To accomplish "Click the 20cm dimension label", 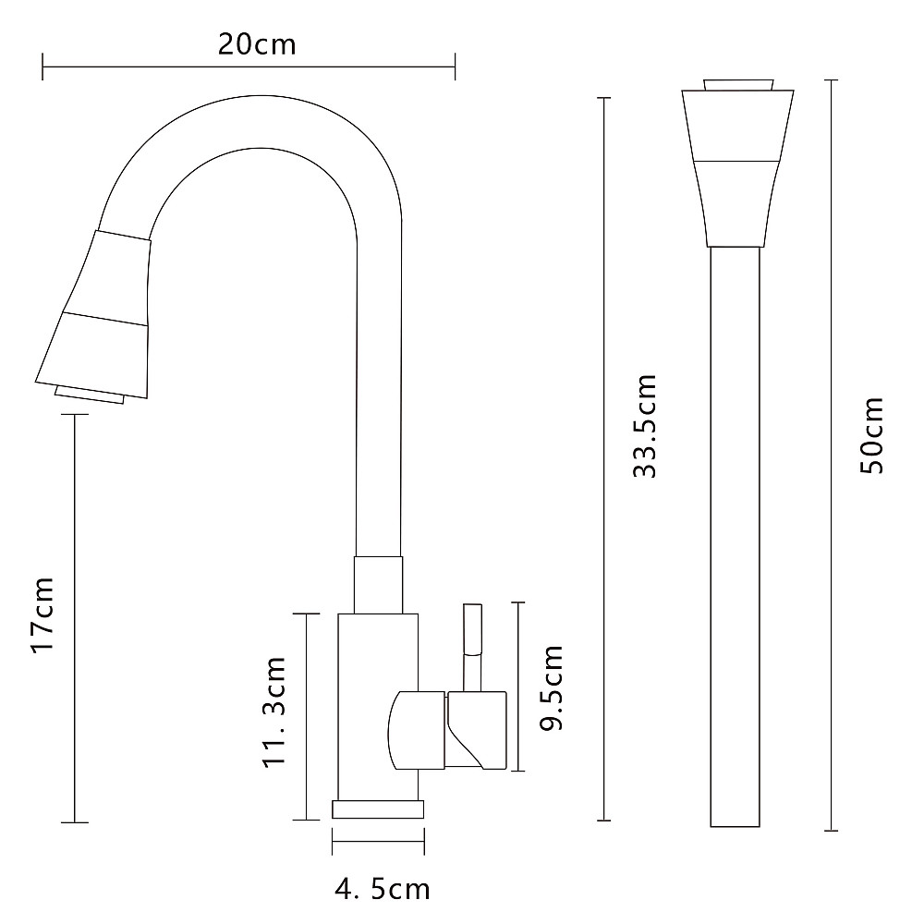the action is point(257,44).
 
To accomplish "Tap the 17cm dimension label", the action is point(43,614).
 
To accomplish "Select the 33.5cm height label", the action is point(644,425).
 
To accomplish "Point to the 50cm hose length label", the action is point(872,435).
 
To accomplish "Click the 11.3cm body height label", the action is point(274,711).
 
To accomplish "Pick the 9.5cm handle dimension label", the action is point(552,687).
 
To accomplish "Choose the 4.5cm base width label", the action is point(383,889).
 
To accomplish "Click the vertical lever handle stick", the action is point(472,648).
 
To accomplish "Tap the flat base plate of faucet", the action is point(378,809).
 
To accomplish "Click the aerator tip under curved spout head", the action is point(89,395).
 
